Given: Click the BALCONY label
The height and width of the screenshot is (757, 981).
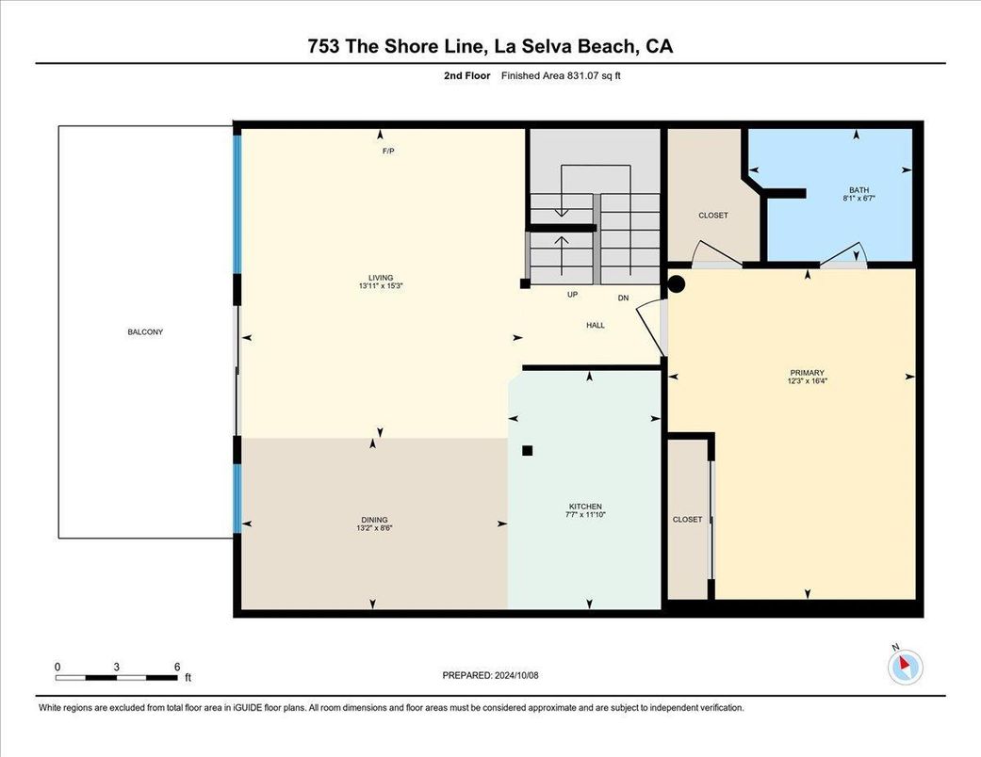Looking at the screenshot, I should tap(145, 331).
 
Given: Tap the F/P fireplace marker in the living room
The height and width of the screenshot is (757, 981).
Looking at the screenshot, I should tap(387, 151).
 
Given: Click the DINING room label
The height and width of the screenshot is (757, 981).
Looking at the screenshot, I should tap(374, 520).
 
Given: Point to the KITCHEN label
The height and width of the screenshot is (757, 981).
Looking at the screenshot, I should tap(584, 507).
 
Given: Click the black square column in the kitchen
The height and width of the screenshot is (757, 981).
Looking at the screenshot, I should tap(528, 450).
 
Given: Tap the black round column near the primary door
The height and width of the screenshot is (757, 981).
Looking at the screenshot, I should tap(677, 282).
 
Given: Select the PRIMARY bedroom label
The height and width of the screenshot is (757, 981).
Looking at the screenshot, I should tap(807, 373).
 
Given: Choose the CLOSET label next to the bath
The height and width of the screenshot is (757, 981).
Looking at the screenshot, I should tap(713, 216).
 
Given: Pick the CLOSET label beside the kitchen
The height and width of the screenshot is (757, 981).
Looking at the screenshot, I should tap(688, 520).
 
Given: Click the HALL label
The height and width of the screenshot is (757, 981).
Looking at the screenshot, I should tap(596, 325).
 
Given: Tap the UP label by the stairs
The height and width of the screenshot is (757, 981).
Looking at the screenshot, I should tap(572, 295).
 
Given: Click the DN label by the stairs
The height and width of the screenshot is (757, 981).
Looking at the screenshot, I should tap(623, 298).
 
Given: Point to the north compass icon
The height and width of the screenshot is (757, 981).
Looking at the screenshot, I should tap(906, 666).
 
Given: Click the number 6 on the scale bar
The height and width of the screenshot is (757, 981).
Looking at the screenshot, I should tap(176, 666).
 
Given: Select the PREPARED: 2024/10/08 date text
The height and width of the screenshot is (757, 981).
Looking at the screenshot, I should tap(490, 675).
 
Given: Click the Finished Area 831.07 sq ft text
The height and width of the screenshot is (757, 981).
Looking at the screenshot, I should tap(560, 76).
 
